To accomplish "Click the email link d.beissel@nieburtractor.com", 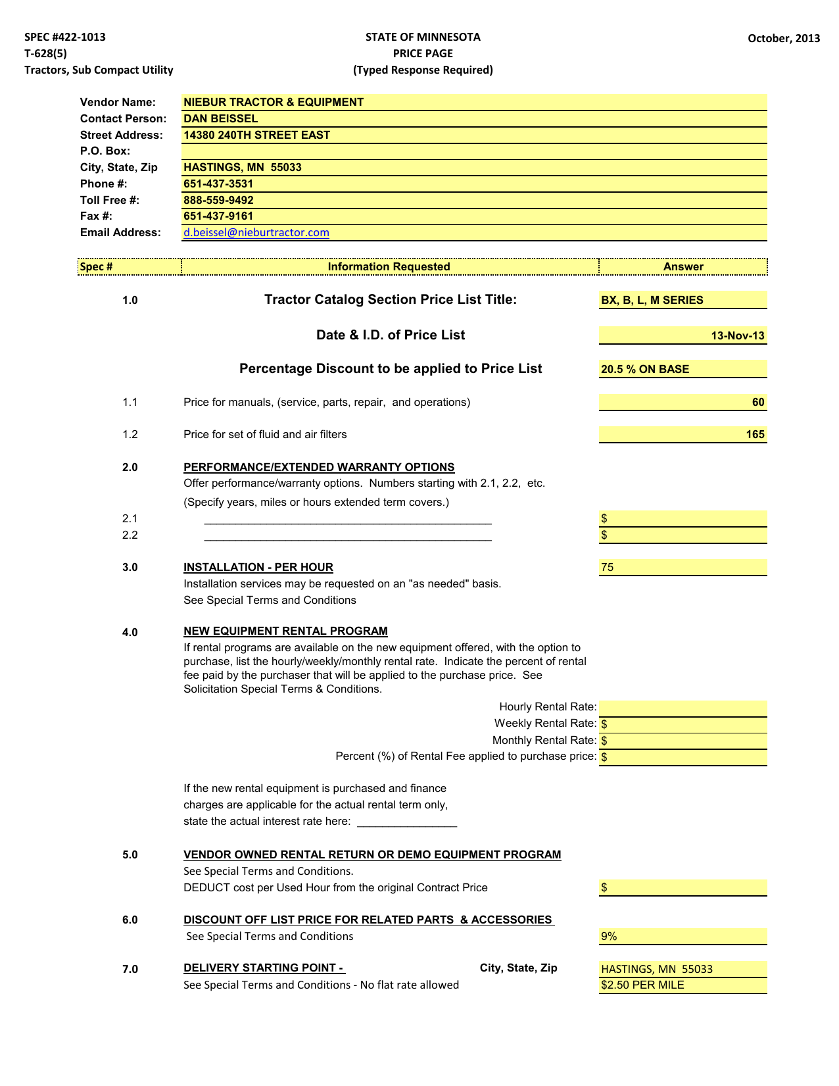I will tap(256, 232).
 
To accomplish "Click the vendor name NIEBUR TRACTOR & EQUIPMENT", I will tap(273, 102).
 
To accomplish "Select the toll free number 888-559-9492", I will tap(218, 200).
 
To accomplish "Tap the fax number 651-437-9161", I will tap(218, 216).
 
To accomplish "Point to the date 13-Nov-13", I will tap(737, 335).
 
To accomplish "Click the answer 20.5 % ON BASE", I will tap(644, 369).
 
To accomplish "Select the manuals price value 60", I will tap(757, 402).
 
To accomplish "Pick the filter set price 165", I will tap(755, 434).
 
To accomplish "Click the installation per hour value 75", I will tap(607, 567).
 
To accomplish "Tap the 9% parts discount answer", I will tap(609, 936).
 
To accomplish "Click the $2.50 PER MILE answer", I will tap(642, 985).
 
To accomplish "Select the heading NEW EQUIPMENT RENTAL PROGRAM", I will tap(285, 631).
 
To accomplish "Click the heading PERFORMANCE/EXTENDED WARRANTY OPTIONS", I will tap(319, 467).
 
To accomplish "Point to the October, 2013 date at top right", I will tap(783, 38).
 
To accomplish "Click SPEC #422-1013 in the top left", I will tap(65, 37).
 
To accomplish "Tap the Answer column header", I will tap(683, 266).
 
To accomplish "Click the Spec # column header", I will tap(96, 266).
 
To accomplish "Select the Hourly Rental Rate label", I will tap(547, 706).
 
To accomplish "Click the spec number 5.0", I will tap(130, 854).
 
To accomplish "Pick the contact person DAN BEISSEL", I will tap(220, 118).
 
